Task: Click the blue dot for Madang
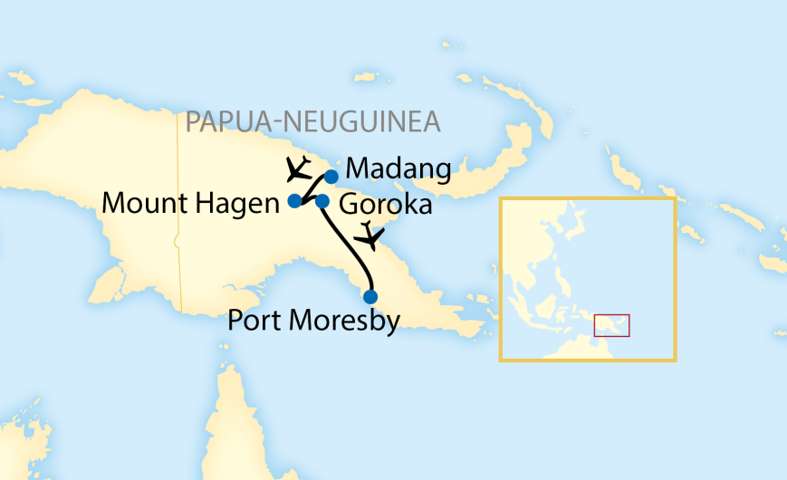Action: click(x=331, y=177)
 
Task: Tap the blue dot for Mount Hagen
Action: click(x=294, y=201)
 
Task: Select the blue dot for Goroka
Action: click(x=322, y=201)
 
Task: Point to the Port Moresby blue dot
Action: click(x=370, y=296)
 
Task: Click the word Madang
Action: click(x=398, y=170)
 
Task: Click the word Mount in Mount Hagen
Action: click(x=142, y=203)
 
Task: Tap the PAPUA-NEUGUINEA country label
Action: click(x=312, y=122)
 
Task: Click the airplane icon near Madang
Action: click(x=297, y=168)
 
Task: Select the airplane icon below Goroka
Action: click(x=369, y=235)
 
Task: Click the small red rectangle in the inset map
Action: click(x=611, y=325)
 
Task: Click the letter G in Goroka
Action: click(x=348, y=205)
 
